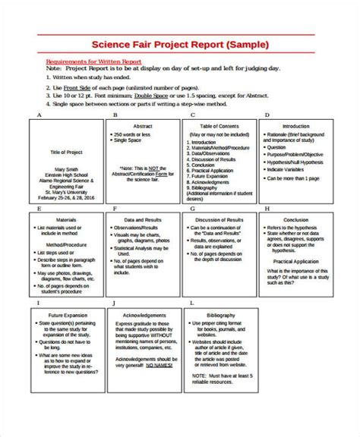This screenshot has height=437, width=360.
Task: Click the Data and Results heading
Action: (141, 217)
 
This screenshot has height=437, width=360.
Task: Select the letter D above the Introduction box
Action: (267, 115)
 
